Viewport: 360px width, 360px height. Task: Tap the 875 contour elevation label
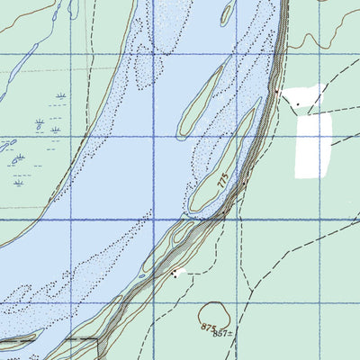(211, 327)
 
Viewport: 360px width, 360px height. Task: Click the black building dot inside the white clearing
(297, 103)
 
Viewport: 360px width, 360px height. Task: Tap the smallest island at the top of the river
(228, 12)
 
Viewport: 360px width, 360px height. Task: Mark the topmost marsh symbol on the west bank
(61, 94)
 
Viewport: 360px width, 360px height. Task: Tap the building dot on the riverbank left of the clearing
(245, 183)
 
